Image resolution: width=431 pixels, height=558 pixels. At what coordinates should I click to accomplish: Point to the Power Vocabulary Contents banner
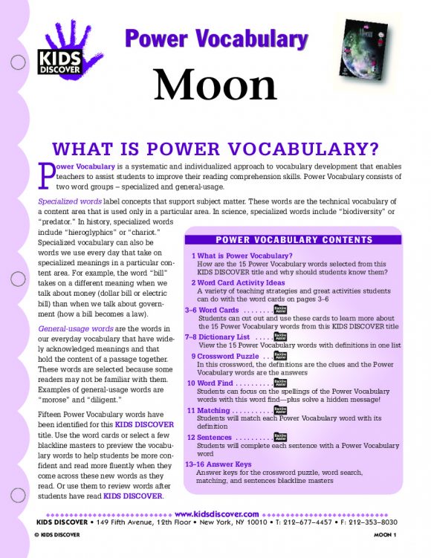tap(294, 240)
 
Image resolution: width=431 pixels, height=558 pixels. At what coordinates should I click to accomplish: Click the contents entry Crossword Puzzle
tap(223, 356)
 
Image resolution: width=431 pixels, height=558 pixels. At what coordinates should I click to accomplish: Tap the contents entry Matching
tap(214, 409)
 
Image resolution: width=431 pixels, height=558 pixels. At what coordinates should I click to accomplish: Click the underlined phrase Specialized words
tap(69, 202)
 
